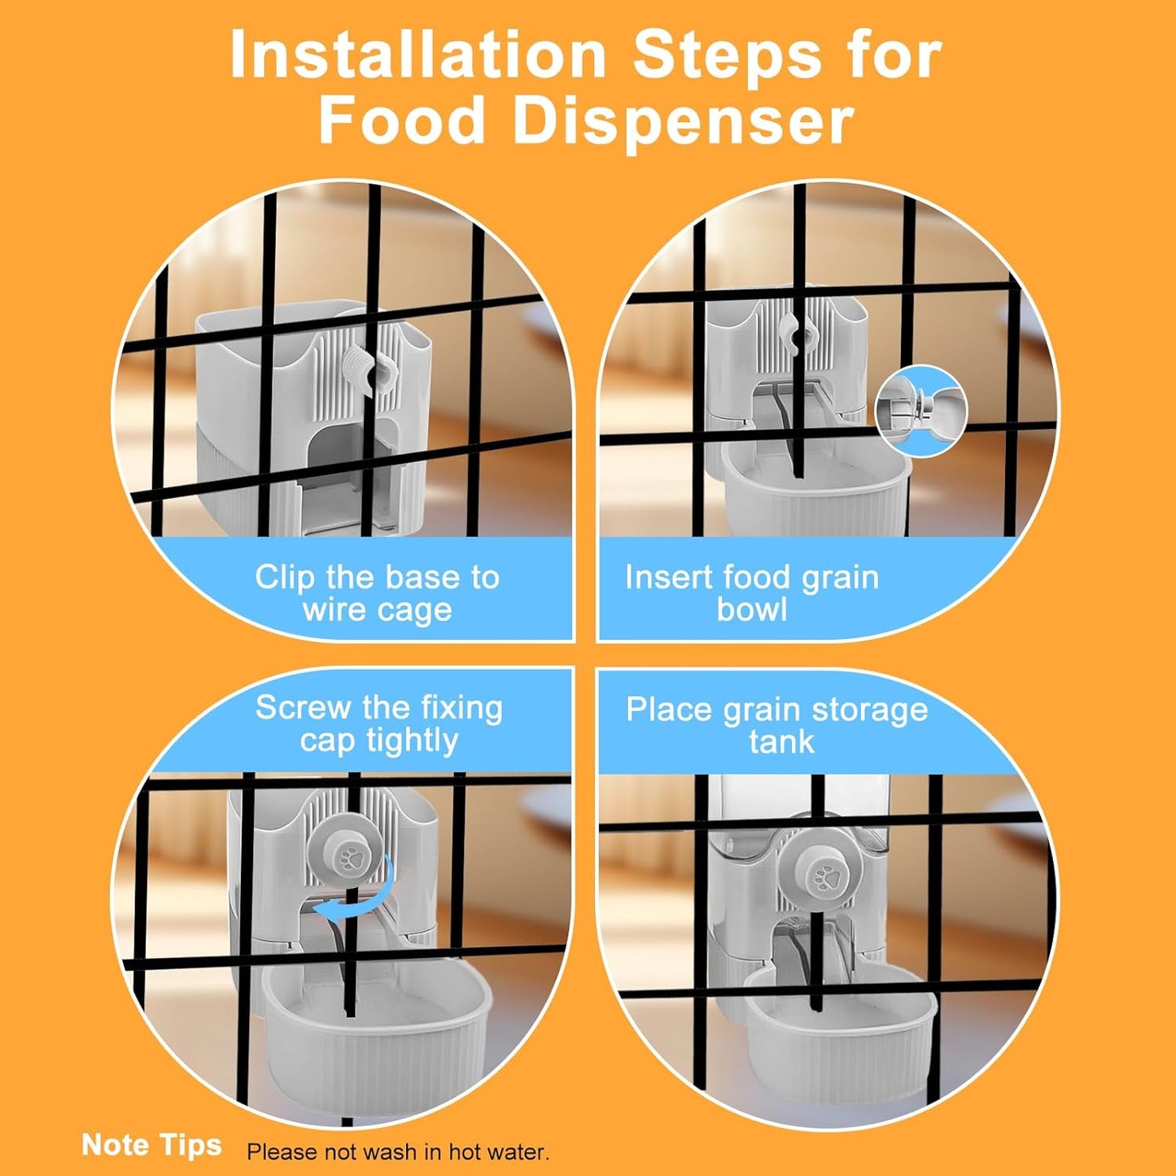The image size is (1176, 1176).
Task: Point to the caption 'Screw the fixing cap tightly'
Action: (379, 724)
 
